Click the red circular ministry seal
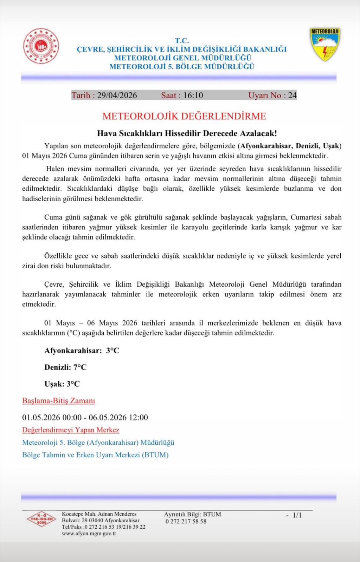41,46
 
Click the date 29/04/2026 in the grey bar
117,95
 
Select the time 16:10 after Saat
193,95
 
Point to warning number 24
292,95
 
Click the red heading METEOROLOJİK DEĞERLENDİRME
184,116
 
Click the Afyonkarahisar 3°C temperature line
82,351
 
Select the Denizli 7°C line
65,367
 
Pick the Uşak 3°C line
62,384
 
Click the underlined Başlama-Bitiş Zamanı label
59,401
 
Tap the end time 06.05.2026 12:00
118,417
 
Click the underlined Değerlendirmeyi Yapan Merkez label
71,430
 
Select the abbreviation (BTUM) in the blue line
155,455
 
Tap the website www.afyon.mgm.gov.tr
89,534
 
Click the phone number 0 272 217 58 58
186,521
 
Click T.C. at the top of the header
182,41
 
